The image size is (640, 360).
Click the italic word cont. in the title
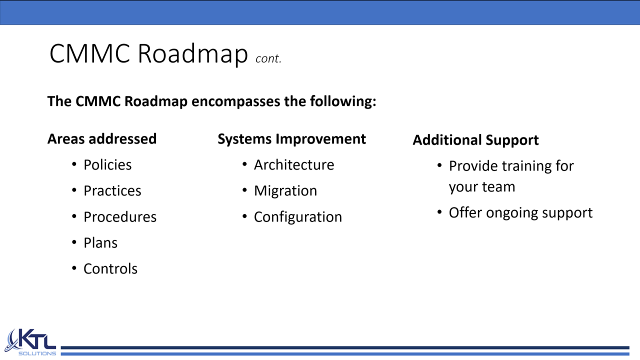point(268,58)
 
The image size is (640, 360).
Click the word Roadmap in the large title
point(193,53)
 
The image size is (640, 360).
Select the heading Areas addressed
point(102,139)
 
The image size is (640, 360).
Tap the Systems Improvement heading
point(291,139)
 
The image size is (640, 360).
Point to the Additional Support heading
point(475,140)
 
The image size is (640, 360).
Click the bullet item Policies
point(107,164)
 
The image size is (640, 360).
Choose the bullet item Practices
point(112,190)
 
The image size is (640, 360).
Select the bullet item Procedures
point(120,216)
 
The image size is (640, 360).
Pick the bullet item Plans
point(100,242)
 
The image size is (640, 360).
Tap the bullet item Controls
point(110,268)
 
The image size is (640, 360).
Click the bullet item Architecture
point(294,164)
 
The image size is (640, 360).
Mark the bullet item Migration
point(285,190)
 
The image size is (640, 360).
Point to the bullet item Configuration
point(298,217)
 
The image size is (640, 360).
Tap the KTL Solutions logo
point(30,342)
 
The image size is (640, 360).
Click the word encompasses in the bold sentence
point(235,102)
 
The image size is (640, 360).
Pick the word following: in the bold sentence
point(343,102)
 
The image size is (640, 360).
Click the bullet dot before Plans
point(74,242)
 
